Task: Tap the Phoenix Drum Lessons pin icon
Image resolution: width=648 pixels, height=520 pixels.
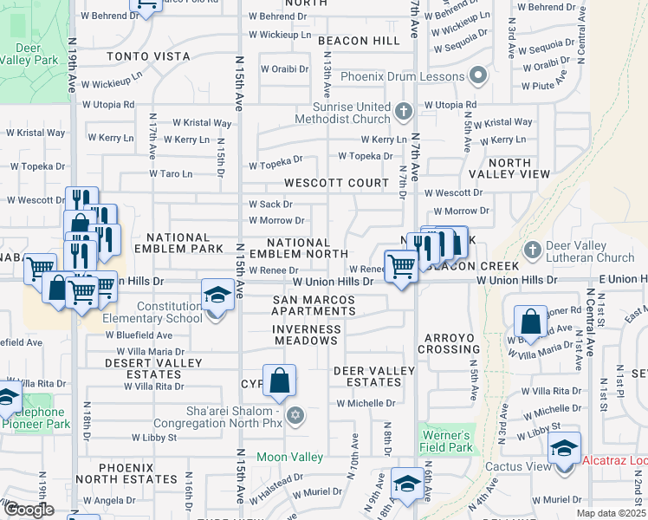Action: point(477,76)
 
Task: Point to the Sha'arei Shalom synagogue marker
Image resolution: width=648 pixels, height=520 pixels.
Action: point(295,417)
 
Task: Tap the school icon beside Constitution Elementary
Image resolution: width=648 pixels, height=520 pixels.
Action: point(217,295)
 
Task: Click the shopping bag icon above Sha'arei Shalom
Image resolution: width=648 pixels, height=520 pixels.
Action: point(279,380)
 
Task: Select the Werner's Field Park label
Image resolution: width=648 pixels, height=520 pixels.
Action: point(447,441)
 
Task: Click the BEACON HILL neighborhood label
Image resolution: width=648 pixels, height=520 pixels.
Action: point(359,41)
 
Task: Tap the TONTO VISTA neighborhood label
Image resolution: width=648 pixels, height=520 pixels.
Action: point(148,56)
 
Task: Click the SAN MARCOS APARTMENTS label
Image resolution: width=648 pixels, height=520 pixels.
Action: point(314,305)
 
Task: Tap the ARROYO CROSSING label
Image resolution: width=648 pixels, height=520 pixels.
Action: point(449,343)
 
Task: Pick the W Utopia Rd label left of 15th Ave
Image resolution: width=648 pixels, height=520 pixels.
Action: point(108,104)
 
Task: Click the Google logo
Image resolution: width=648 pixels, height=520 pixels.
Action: point(29,510)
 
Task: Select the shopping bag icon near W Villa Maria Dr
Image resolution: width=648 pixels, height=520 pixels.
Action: point(529,322)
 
